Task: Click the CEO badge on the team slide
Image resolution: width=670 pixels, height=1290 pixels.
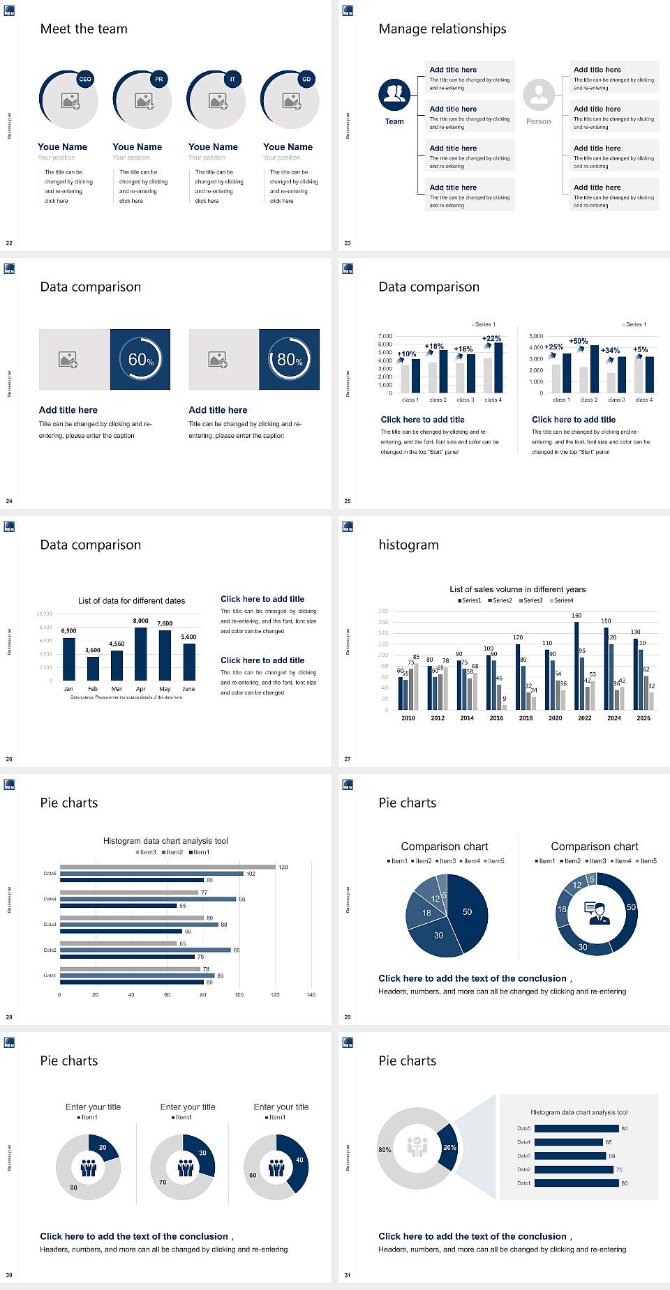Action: coord(85,79)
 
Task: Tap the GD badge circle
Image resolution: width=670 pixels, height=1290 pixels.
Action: coord(306,79)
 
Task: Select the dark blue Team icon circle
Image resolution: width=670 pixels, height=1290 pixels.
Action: coord(394,95)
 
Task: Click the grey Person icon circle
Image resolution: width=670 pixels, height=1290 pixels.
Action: coord(539,95)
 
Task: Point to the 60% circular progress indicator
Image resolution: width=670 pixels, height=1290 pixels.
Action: coord(140,359)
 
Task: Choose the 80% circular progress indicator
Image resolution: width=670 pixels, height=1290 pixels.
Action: coord(290,359)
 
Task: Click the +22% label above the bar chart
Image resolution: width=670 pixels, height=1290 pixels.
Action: coord(491,338)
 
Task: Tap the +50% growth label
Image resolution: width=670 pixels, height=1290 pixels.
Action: coord(578,341)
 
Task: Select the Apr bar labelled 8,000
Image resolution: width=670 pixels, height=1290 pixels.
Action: coord(141,653)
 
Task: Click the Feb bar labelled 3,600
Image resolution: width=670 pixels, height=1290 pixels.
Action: coord(93,667)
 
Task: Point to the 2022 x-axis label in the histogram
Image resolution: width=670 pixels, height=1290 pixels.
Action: coord(585,718)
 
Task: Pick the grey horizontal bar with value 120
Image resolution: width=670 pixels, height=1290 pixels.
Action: coord(167,867)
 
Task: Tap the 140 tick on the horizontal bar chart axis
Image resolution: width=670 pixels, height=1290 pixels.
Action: coord(311,995)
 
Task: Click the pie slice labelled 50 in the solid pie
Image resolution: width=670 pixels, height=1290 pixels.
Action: coord(468,911)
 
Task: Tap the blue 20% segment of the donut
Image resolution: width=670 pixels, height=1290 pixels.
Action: coord(449,1147)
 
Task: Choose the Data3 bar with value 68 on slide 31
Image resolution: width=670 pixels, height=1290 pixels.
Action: coord(569,1155)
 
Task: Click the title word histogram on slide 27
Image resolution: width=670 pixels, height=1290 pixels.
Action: coord(408,545)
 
